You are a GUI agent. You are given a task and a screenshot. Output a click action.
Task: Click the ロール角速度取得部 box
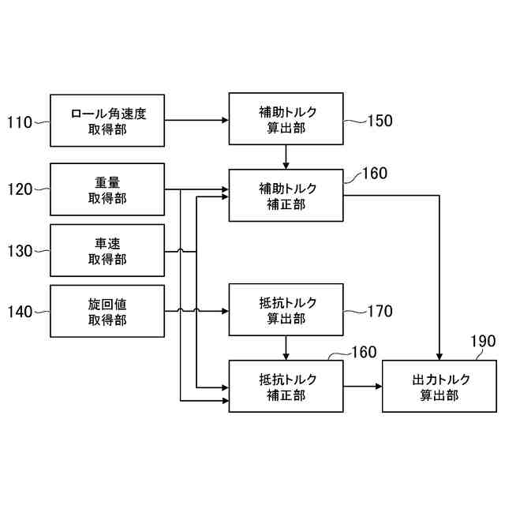tap(107, 120)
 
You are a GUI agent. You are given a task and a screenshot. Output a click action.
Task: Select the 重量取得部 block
tap(107, 189)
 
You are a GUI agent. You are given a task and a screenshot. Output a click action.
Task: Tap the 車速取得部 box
tap(107, 251)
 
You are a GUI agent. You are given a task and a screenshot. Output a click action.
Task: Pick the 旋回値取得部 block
tap(107, 312)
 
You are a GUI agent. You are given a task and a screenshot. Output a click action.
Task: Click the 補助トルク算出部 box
tap(286, 118)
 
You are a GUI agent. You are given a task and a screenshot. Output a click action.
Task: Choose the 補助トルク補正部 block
tap(286, 195)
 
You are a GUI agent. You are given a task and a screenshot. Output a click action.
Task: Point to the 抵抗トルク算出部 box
tap(286, 310)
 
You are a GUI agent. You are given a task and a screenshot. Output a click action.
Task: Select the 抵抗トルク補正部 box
tap(286, 386)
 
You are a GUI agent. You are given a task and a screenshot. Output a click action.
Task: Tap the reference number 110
tap(20, 122)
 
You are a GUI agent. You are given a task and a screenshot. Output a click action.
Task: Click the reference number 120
tap(20, 189)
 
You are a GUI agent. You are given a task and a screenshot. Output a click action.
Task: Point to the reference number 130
tap(20, 251)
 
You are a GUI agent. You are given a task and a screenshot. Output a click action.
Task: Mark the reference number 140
tap(20, 312)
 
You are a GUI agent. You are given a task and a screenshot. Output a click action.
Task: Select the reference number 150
tap(380, 121)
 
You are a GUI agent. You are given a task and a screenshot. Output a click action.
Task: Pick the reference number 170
tap(380, 311)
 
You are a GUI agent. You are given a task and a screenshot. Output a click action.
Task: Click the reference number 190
tap(483, 341)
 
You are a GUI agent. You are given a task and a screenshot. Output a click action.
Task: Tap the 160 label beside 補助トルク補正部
tap(374, 173)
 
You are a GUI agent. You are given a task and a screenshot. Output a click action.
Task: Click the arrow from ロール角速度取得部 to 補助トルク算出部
tap(196, 120)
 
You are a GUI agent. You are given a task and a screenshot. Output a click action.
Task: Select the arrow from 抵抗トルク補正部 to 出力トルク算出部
tap(363, 386)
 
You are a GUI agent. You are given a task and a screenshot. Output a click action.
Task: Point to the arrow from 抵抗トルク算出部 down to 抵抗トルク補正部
tap(286, 347)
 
